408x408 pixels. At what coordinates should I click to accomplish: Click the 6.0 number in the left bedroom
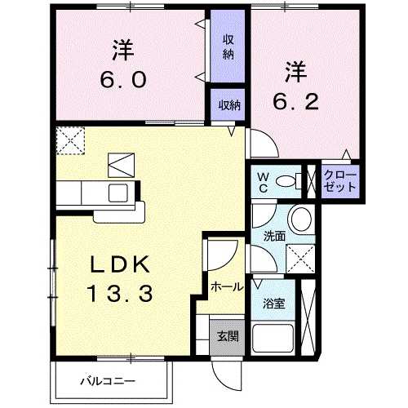click(x=125, y=80)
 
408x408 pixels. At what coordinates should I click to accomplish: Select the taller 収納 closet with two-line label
click(x=228, y=47)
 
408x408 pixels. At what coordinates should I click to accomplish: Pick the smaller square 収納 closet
click(x=228, y=104)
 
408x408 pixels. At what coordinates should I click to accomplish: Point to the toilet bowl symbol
click(x=287, y=181)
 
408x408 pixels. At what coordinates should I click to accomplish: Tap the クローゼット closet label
click(x=339, y=181)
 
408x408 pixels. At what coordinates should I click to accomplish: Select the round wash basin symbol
click(x=300, y=220)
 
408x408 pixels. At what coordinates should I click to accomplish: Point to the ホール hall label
click(x=225, y=286)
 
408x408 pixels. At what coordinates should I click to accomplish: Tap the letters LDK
click(x=119, y=264)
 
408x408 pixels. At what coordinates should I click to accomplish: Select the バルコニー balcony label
click(x=108, y=380)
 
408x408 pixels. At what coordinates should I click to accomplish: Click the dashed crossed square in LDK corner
click(x=70, y=140)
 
